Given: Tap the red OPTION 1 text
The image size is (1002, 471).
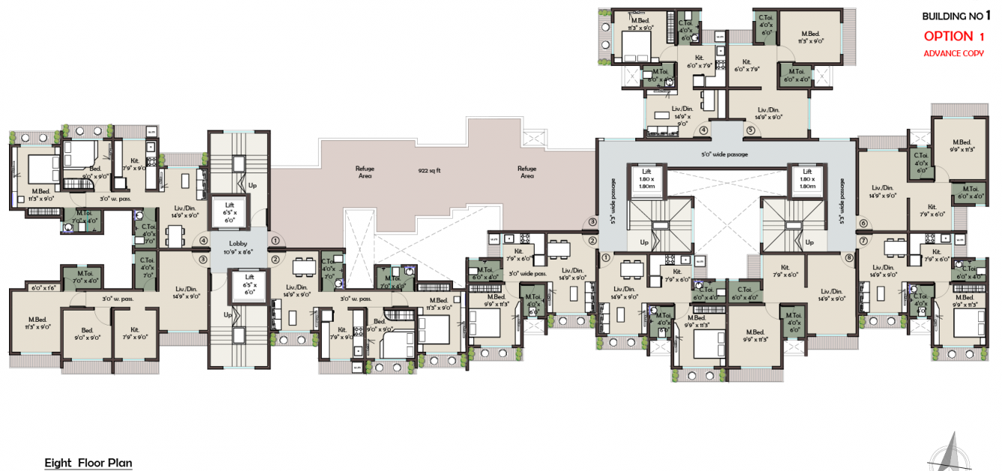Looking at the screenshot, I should [953, 36].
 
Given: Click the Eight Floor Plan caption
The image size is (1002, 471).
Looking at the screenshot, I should [88, 463].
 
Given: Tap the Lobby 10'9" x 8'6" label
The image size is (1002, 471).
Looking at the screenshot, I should [238, 248].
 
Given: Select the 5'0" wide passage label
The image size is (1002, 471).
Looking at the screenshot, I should [724, 154].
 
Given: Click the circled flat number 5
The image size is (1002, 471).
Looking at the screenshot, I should [749, 130].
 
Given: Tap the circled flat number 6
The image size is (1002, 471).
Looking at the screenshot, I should [863, 223].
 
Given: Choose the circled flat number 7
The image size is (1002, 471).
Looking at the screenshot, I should [863, 241].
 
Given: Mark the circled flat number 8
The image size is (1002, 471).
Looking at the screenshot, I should [849, 258].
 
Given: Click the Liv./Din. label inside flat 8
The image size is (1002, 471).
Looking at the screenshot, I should [832, 294].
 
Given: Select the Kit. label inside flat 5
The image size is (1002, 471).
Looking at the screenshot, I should [746, 65].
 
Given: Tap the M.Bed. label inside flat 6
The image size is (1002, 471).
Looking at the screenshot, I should [962, 145].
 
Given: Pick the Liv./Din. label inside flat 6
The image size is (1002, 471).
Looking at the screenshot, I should [882, 191].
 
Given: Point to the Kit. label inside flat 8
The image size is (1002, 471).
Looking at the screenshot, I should [785, 271].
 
